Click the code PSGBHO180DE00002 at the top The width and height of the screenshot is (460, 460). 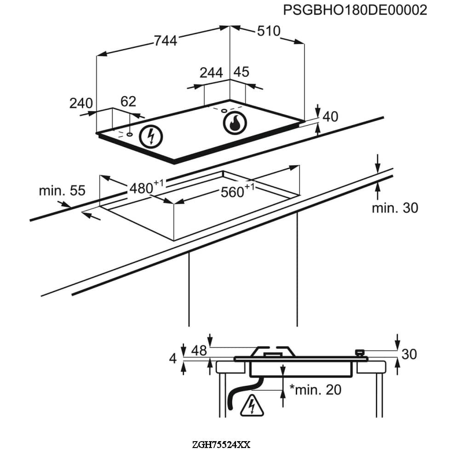[355, 10]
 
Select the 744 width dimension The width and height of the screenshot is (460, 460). [165, 41]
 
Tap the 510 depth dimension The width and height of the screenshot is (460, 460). [268, 31]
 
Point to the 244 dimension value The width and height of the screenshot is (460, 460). [211, 73]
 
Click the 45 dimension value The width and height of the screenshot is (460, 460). [241, 72]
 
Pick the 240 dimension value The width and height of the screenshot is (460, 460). [81, 103]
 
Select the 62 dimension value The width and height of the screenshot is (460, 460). [128, 102]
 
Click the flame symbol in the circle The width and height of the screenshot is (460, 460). [235, 123]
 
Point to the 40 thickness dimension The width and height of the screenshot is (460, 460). [330, 117]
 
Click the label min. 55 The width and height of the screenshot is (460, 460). [62, 190]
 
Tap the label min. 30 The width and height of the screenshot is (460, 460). [395, 208]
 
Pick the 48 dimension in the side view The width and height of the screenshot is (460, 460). [199, 351]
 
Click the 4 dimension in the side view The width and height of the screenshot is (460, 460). [173, 358]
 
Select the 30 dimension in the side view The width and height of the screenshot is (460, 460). [409, 354]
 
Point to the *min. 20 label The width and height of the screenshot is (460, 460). [316, 390]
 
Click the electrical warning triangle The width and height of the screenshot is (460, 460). [252, 405]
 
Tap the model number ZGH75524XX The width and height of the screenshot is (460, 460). [222, 445]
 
